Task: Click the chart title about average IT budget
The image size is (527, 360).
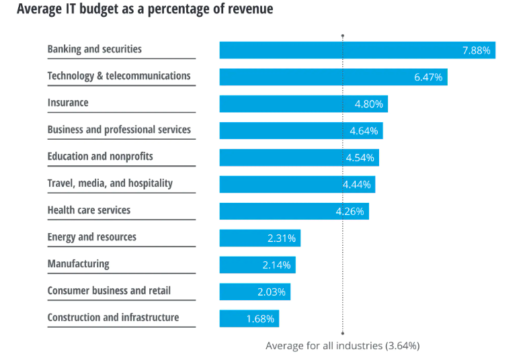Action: coord(145,10)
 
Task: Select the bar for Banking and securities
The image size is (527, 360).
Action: coord(356,50)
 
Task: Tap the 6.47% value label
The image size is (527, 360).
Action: coord(428,77)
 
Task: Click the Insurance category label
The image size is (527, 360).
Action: coord(68,103)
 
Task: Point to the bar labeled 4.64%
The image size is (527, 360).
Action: coord(300,130)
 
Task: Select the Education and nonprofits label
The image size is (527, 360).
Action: coord(100,156)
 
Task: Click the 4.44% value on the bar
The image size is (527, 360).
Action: coord(356,184)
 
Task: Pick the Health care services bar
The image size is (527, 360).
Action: coord(294,211)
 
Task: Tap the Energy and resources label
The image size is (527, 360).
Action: coord(91,237)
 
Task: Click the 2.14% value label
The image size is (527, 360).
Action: coord(276,265)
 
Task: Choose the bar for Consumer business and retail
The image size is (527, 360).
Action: coord(255,291)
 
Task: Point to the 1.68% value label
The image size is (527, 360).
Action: coord(260,319)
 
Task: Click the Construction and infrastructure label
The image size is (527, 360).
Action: coord(113,318)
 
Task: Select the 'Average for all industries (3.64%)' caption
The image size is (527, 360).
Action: coord(342,346)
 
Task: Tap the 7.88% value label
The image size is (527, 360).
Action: coord(476,50)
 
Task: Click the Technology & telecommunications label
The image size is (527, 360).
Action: coord(119,76)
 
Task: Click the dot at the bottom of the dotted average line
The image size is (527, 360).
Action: coord(343,332)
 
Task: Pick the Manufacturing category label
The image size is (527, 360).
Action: coord(78,264)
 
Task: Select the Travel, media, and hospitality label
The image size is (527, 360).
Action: coord(110,183)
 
